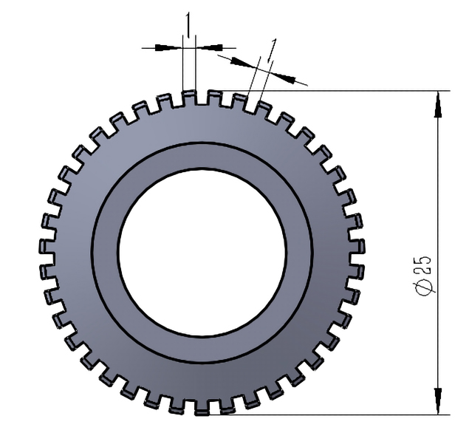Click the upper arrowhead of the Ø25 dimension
tap(439, 104)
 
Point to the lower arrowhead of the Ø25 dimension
tap(439, 400)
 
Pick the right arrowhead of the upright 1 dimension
tap(208, 47)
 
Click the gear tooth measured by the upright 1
tap(189, 97)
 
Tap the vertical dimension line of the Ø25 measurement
tap(439, 222)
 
